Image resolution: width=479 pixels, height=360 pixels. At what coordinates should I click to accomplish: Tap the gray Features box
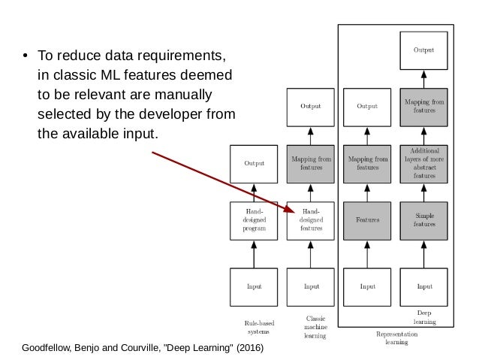[367, 220]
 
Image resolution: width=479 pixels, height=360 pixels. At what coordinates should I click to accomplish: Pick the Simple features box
[424, 220]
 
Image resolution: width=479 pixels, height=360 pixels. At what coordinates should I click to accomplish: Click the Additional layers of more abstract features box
[424, 163]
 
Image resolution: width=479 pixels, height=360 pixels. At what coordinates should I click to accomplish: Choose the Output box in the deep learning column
[424, 50]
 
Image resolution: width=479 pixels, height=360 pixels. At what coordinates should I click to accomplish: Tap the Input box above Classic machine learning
[311, 286]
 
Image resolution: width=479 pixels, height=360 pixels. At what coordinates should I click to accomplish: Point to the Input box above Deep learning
[424, 286]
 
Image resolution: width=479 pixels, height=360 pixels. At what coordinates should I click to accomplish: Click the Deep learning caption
[424, 316]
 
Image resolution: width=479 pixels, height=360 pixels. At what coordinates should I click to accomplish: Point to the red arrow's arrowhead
[291, 210]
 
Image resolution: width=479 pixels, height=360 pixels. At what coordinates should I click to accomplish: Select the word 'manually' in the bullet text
[185, 95]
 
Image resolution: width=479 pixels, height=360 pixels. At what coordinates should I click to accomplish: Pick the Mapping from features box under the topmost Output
[424, 106]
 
